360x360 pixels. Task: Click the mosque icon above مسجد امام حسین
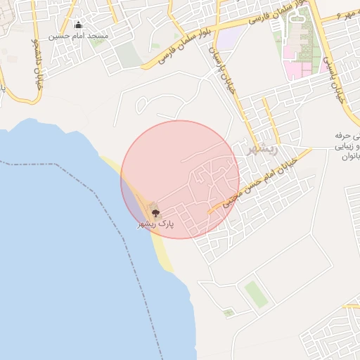pos(77,25)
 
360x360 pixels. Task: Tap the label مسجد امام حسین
pos(78,35)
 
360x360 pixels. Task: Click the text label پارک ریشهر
pos(155,224)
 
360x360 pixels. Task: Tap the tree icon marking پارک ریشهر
pos(155,212)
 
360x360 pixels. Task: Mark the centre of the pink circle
pos(180,179)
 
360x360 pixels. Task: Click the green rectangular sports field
pos(256,294)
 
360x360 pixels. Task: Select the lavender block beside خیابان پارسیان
pos(230,35)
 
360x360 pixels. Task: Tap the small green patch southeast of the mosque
pos(97,41)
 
